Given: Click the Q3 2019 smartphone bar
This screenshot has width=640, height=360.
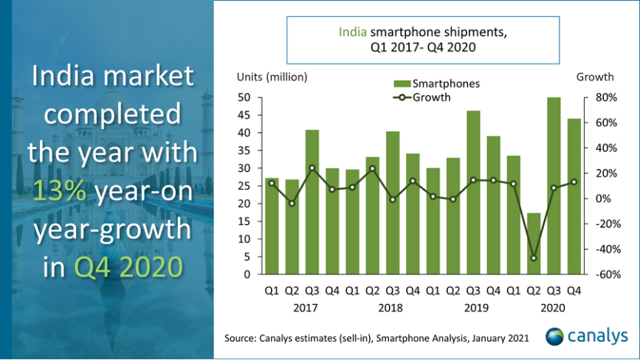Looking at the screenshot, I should point(472,193).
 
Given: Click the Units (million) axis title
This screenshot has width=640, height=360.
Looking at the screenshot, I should point(272,77).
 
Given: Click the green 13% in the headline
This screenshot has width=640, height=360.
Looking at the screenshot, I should point(58,192).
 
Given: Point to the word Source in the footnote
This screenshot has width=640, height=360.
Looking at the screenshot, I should point(241,339).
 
